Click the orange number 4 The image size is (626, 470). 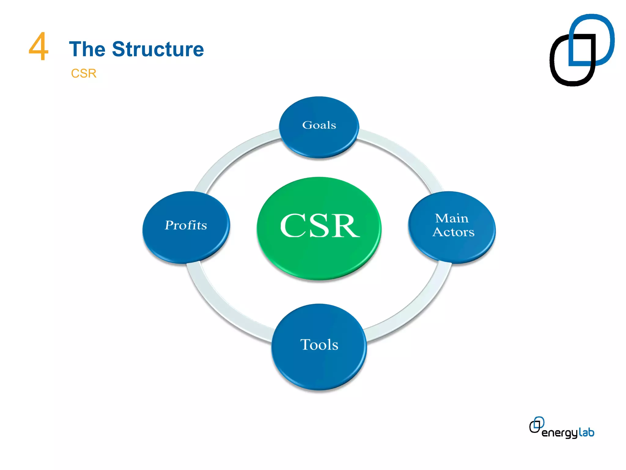pos(39,47)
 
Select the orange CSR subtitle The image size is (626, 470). pos(83,73)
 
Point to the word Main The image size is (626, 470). pos(451,218)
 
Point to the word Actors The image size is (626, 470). pos(453,232)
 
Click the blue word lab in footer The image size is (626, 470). pos(586,432)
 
